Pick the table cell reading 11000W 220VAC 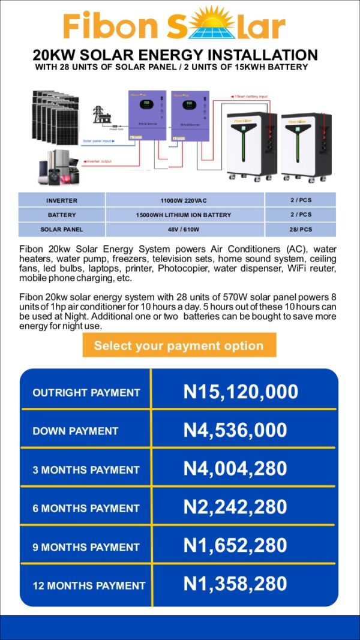[184, 200]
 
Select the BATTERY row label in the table [62, 215]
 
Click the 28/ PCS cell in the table [301, 229]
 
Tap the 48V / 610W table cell [184, 229]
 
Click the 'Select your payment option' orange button [179, 345]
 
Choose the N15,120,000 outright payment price [241, 392]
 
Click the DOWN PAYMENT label [76, 431]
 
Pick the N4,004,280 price [235, 468]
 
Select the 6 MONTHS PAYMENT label [86, 508]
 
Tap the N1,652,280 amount [235, 546]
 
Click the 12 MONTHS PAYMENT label [89, 585]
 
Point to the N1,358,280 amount [235, 584]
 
